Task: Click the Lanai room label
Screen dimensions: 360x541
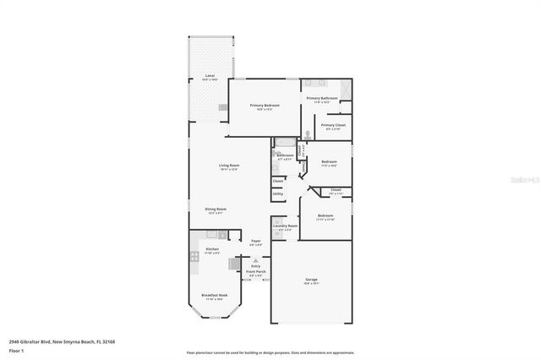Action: coord(209,76)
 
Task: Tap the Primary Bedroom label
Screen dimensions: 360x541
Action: coord(265,106)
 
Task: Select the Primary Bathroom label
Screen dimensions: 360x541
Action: coord(322,99)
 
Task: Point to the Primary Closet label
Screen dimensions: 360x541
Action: coord(332,126)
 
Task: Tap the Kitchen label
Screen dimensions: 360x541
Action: coord(212,250)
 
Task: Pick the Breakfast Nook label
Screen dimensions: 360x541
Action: coord(212,296)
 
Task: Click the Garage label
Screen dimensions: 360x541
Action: coord(311,280)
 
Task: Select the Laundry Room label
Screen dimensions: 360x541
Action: coord(285,226)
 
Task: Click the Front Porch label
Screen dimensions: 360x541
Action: coord(255,273)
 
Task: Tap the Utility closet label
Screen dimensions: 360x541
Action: coord(277,194)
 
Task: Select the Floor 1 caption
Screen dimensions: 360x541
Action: coord(17,350)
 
